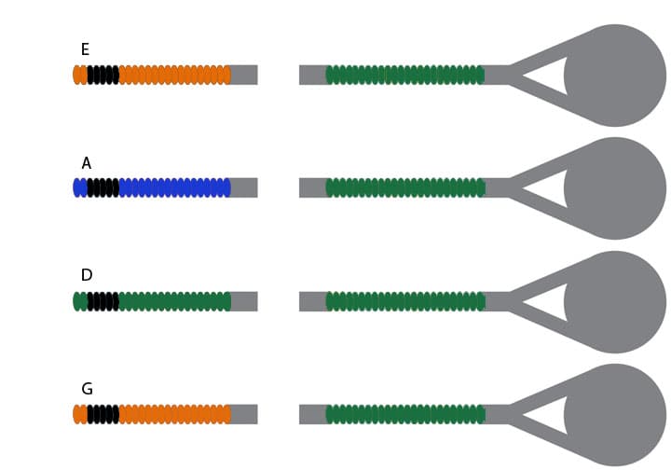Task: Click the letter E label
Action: pos(85,49)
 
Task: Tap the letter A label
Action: pos(86,163)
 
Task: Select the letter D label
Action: pos(87,275)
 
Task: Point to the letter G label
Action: pos(87,389)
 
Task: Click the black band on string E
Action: pos(103,75)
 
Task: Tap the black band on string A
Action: pos(103,187)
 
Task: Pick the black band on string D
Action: pos(103,301)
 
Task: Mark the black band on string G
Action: pos(103,414)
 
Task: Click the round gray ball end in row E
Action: pos(615,76)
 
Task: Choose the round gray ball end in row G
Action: pos(615,415)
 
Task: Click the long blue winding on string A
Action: pos(174,187)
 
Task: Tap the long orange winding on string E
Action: pos(174,75)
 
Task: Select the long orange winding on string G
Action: pos(174,414)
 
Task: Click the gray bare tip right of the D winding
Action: pos(244,301)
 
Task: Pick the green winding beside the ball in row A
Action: pos(405,187)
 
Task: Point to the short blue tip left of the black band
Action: pos(80,187)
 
